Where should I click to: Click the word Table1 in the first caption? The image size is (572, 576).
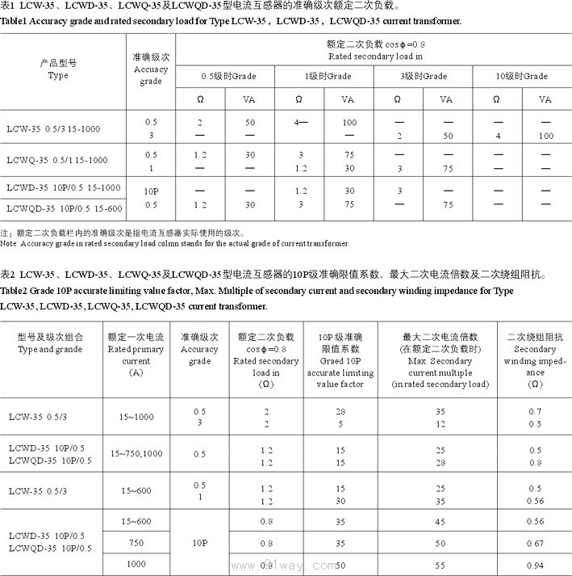[x=15, y=20]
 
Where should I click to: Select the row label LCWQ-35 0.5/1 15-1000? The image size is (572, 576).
[x=56, y=160]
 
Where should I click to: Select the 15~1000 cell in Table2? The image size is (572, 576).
[x=136, y=417]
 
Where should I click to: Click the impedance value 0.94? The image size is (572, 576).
[x=535, y=565]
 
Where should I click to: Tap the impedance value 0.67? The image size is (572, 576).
[x=535, y=543]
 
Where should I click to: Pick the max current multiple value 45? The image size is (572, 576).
[x=440, y=521]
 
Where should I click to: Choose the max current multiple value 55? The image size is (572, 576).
[x=440, y=565]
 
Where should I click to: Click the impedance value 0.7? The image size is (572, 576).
[x=535, y=411]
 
